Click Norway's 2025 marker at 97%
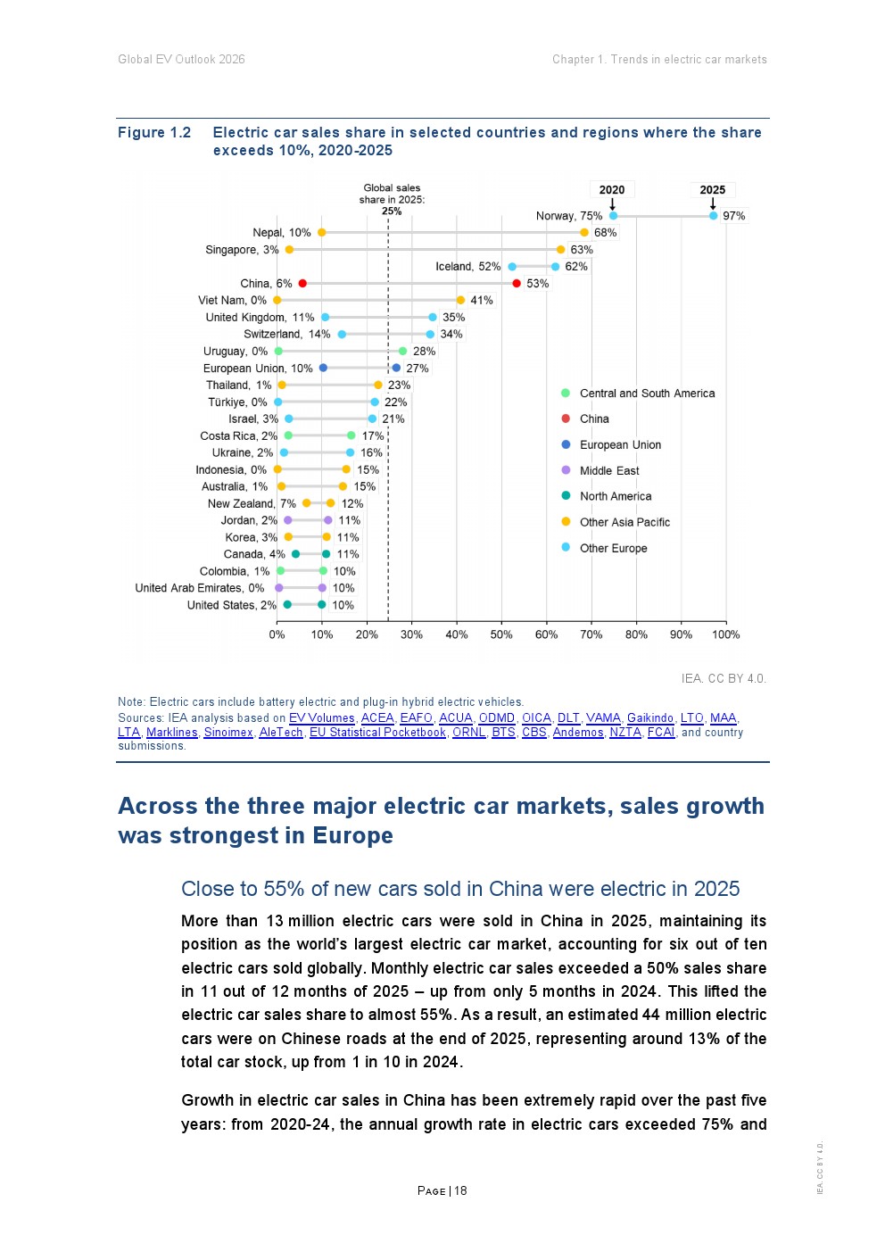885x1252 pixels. pos(713,216)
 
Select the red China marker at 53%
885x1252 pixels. pos(517,284)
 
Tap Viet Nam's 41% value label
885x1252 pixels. pos(481,301)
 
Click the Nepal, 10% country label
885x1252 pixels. pos(282,233)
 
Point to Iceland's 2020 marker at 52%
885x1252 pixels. pos(512,267)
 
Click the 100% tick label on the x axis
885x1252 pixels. pos(726,634)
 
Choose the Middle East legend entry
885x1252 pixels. pos(600,470)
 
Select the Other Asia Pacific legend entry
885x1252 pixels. pos(616,522)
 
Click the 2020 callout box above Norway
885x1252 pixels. pos(612,190)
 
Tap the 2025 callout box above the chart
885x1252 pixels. pos(712,190)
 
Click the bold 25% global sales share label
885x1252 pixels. pos(392,211)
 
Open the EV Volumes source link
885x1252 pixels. pos(322,717)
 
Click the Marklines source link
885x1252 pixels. pos(172,733)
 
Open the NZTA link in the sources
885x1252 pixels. pos(625,733)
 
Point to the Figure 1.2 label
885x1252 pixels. pos(154,132)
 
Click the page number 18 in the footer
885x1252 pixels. pos(460,1190)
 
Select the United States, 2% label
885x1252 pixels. pos(232,605)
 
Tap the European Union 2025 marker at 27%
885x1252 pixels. pos(396,368)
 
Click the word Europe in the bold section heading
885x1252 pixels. pos(352,835)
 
